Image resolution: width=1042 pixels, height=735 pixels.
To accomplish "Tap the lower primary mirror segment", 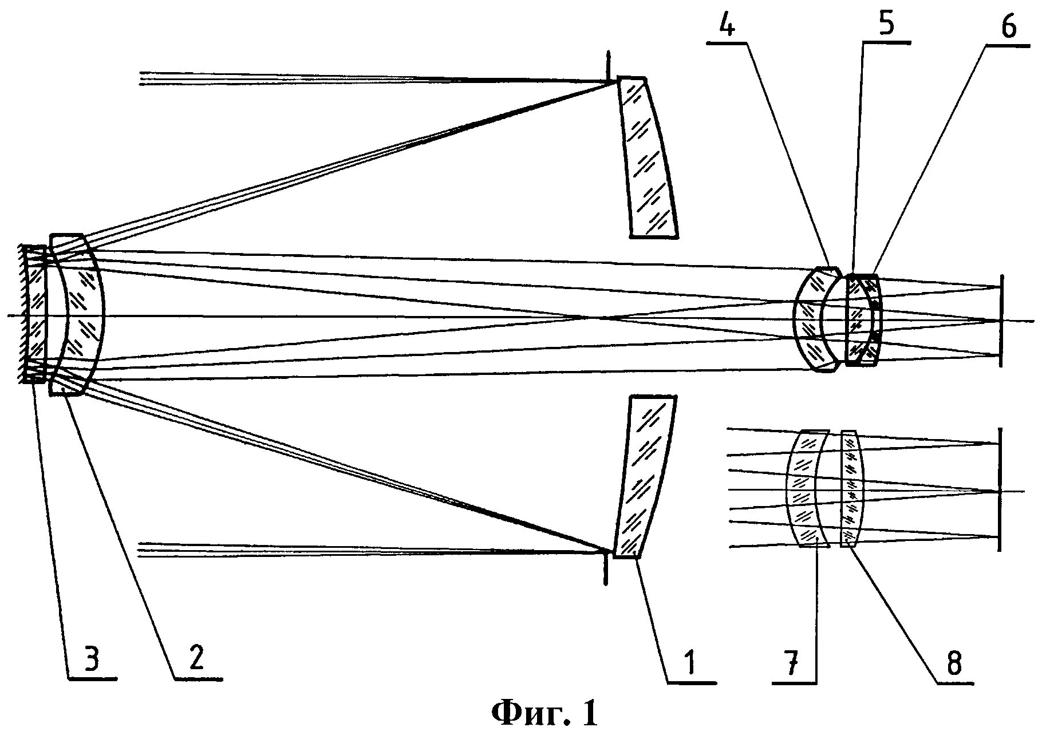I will [x=644, y=475].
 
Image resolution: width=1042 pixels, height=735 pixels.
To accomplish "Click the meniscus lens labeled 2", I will [x=80, y=315].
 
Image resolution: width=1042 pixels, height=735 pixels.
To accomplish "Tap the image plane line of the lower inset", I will [x=1000, y=489].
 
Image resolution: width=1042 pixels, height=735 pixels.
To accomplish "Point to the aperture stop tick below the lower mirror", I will [x=606, y=570].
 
